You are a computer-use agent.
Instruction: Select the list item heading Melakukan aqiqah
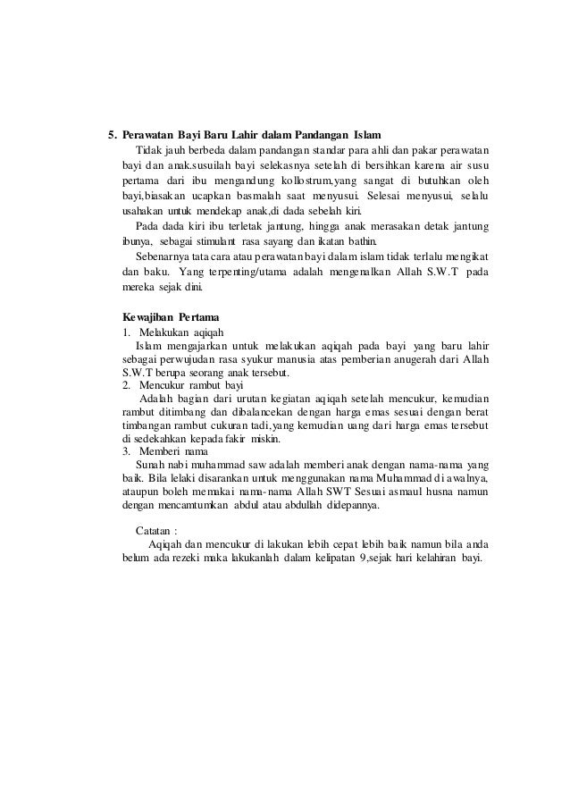pyautogui.click(x=179, y=332)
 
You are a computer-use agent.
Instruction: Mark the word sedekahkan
pyautogui.click(x=160, y=439)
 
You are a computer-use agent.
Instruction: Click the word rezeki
pyautogui.click(x=180, y=559)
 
